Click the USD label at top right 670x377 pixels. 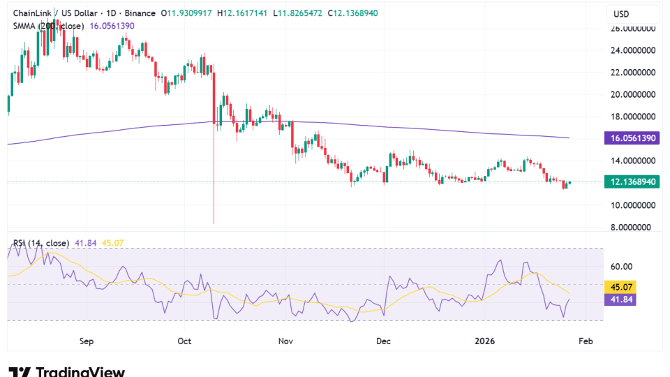621,14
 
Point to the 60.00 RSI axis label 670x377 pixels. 622,266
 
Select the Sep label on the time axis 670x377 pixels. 86,341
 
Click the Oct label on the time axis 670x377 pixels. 185,341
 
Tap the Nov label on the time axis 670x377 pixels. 285,341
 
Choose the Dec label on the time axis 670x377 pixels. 383,341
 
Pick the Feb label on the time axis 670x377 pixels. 586,341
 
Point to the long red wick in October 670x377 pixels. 214,182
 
